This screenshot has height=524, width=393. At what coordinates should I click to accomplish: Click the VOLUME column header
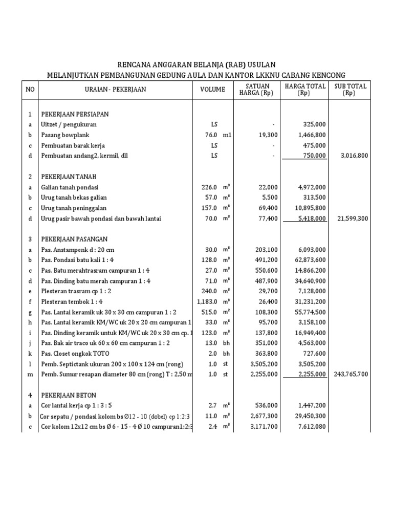212,90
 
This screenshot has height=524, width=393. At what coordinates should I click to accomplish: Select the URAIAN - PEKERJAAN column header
115,90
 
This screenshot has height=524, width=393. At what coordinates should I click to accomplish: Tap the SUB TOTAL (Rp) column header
351,90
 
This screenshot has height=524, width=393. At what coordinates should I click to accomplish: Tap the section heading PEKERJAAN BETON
69,395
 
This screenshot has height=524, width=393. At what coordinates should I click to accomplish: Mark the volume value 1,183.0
207,301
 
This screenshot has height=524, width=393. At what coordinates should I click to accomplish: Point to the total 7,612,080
310,426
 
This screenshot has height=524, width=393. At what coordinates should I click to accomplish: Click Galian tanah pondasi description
70,187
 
